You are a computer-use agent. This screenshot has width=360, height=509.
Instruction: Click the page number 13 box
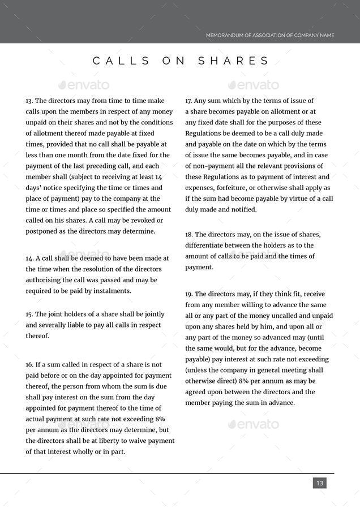click(320, 483)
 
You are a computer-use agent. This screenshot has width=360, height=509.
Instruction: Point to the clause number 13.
click(29, 101)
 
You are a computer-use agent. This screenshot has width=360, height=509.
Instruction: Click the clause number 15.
click(29, 314)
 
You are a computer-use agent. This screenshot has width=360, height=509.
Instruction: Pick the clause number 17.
click(189, 101)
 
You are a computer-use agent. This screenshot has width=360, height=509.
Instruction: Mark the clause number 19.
click(189, 294)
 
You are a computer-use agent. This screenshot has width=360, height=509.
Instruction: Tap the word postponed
click(42, 231)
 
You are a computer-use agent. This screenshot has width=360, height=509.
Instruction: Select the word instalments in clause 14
click(113, 291)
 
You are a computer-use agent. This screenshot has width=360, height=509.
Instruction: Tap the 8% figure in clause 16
click(160, 419)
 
